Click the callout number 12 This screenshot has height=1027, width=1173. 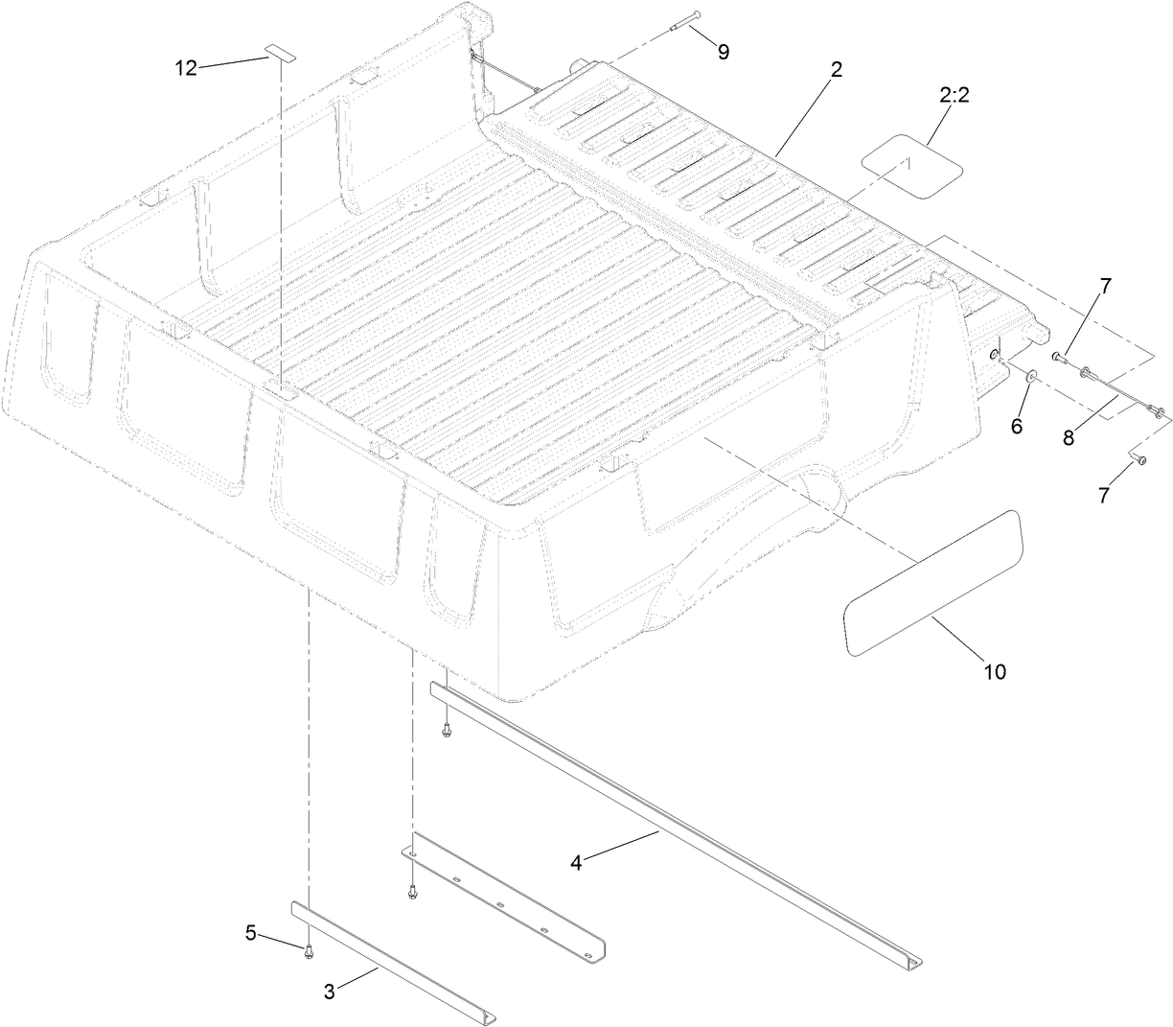click(x=185, y=67)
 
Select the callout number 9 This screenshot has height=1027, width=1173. click(x=723, y=52)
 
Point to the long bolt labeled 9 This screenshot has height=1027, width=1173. click(x=681, y=20)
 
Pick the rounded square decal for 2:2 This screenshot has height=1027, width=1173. click(x=909, y=166)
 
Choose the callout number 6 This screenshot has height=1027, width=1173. click(x=1016, y=424)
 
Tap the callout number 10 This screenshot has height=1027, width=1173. click(x=995, y=671)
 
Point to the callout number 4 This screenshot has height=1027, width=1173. click(x=576, y=862)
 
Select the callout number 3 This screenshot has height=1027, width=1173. click(x=329, y=992)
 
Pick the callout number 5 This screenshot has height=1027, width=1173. click(x=250, y=932)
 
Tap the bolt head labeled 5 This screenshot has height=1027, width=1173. click(x=309, y=951)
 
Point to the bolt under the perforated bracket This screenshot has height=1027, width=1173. click(x=412, y=892)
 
